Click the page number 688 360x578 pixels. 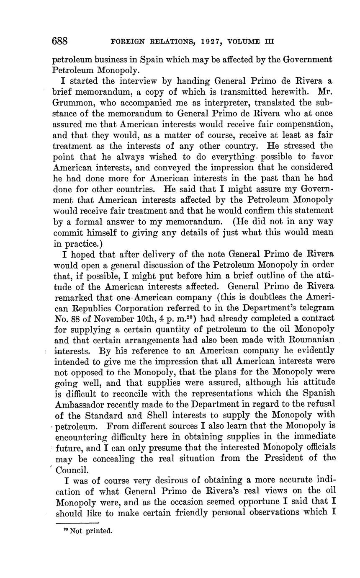click(60, 41)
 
